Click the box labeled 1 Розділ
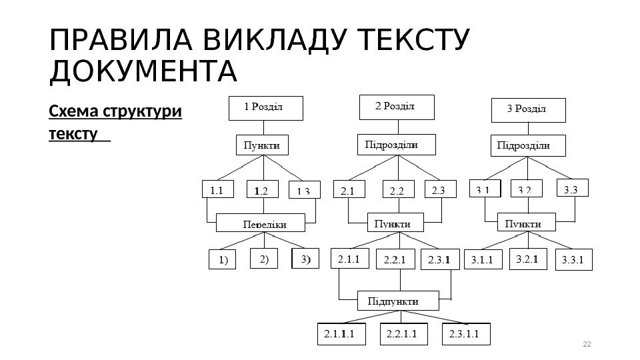point(265,108)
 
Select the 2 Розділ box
point(397,107)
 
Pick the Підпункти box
point(399,301)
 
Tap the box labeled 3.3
point(573,190)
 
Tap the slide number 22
point(587,344)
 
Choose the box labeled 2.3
point(439,190)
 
